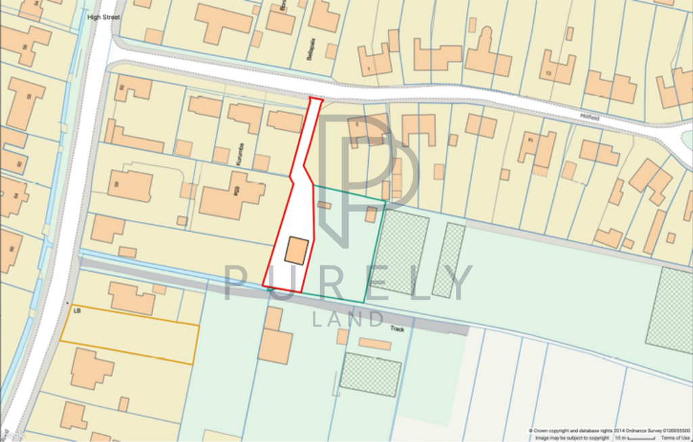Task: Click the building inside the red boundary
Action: [x=296, y=250]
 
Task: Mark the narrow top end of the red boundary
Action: [x=315, y=101]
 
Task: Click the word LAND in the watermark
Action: [x=348, y=318]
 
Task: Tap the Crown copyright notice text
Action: [x=609, y=430]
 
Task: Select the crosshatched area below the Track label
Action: [x=370, y=374]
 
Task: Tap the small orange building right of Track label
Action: [x=374, y=343]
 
